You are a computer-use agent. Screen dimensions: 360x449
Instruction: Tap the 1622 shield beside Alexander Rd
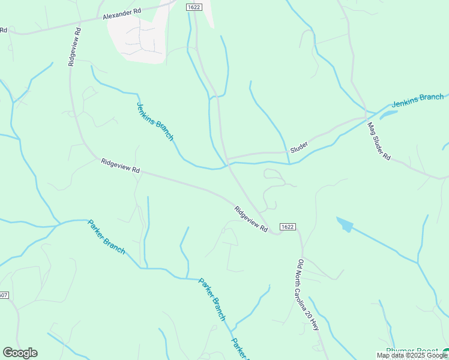(x=193, y=7)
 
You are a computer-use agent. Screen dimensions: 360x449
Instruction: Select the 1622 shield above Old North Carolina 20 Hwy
(x=287, y=226)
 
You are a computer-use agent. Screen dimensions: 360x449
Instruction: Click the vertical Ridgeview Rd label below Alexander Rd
(x=74, y=46)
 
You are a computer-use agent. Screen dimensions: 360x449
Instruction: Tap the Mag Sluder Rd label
(x=379, y=140)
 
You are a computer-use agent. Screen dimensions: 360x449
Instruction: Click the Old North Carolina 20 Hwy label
(x=308, y=295)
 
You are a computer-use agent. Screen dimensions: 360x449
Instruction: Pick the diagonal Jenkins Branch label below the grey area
(x=155, y=121)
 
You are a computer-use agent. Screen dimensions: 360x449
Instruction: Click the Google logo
(x=20, y=353)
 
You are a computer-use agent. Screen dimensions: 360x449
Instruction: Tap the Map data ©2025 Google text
(x=412, y=356)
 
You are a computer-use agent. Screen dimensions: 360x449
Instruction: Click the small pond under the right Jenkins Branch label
(x=389, y=113)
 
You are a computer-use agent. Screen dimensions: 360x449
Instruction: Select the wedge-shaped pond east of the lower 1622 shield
(x=345, y=224)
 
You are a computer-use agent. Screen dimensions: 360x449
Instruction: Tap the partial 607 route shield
(x=4, y=295)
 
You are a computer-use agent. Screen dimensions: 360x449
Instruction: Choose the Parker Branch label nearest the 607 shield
(x=106, y=236)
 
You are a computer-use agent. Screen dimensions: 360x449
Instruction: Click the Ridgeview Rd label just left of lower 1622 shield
(x=251, y=219)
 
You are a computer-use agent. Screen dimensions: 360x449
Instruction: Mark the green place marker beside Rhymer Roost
(x=445, y=352)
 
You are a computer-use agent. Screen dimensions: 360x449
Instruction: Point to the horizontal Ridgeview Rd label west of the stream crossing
(x=120, y=166)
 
